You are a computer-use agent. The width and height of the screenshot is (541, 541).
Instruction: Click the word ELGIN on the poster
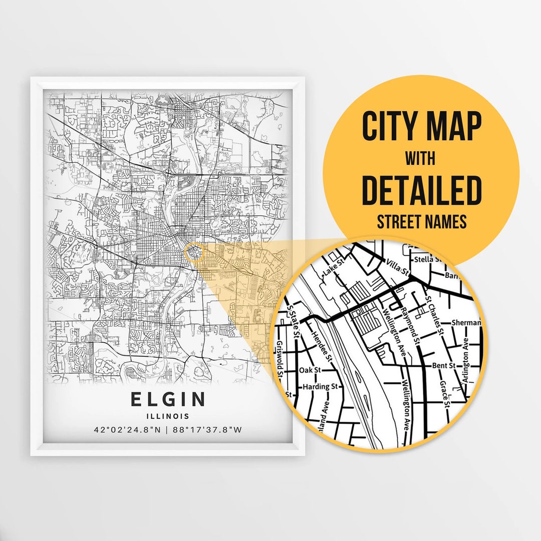tap(168, 399)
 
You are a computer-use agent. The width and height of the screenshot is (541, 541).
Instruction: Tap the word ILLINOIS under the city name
tap(168, 416)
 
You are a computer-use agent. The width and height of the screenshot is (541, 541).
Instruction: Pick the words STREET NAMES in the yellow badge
tap(421, 221)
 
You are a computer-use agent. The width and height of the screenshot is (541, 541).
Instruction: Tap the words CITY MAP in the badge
tap(421, 127)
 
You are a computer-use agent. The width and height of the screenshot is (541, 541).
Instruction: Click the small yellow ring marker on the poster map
tap(194, 252)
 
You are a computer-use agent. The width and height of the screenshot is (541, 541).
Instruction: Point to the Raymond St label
tap(410, 325)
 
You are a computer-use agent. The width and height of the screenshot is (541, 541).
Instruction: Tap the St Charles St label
tap(434, 315)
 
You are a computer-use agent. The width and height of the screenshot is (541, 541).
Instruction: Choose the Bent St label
tap(443, 366)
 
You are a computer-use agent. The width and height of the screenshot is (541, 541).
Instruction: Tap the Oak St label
tap(310, 370)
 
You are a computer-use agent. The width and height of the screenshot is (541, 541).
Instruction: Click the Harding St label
tap(320, 387)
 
